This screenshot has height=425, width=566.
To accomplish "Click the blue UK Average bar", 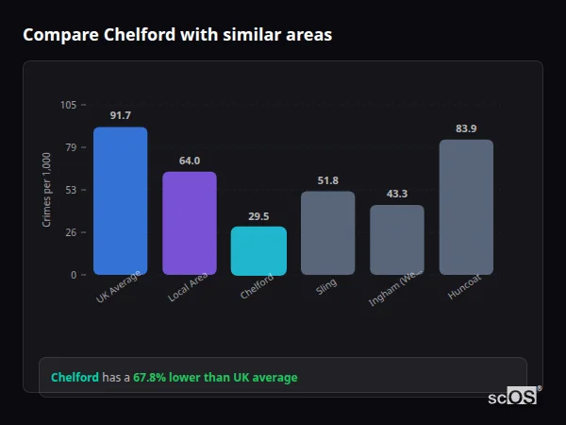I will pyautogui.click(x=120, y=200).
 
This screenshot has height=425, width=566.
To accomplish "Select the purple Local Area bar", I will pyautogui.click(x=189, y=223).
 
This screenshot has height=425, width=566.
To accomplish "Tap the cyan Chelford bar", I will pyautogui.click(x=258, y=250).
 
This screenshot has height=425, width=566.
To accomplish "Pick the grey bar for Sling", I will pyautogui.click(x=327, y=232).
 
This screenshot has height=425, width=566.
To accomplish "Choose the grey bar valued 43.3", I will pyautogui.click(x=397, y=240).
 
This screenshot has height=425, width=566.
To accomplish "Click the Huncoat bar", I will pyautogui.click(x=466, y=207).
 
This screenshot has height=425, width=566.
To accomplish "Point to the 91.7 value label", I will pyautogui.click(x=120, y=115).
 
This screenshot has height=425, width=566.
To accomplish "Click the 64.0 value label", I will pyautogui.click(x=189, y=161).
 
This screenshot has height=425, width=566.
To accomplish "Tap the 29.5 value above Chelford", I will pyautogui.click(x=258, y=216).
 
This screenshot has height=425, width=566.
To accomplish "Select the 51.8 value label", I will pyautogui.click(x=327, y=180).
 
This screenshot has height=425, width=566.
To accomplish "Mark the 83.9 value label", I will pyautogui.click(x=466, y=128).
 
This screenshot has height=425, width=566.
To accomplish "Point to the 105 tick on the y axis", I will pyautogui.click(x=68, y=105).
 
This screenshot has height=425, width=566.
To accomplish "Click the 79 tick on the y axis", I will pyautogui.click(x=71, y=147).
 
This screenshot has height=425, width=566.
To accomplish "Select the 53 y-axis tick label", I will pyautogui.click(x=71, y=190).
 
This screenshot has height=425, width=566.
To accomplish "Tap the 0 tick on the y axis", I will pyautogui.click(x=74, y=275).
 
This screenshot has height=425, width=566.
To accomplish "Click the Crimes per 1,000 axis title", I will pyautogui.click(x=46, y=190).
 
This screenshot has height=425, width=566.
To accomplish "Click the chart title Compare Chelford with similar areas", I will pyautogui.click(x=177, y=35).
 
